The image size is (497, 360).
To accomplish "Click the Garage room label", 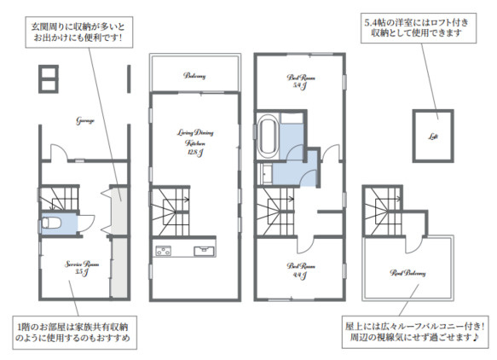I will click(84, 120).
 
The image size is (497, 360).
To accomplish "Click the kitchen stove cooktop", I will click(163, 250).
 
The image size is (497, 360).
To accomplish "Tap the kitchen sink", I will click(206, 250).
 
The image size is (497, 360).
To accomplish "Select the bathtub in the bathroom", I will click(268, 136).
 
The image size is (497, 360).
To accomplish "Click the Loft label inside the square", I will click(433, 136).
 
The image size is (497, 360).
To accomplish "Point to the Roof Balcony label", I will click(407, 273).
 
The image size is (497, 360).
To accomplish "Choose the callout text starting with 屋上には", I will click(415, 332).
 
